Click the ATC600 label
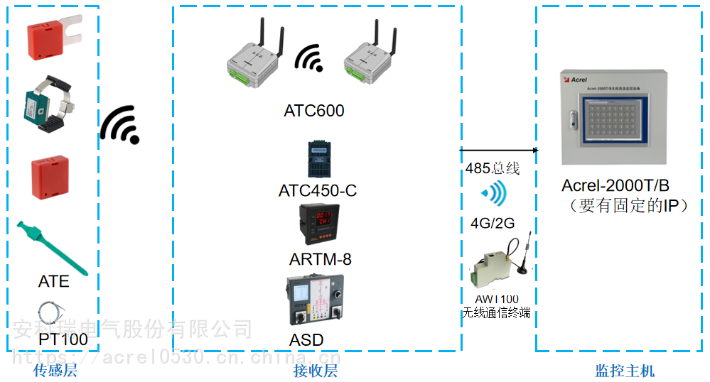point(313,111)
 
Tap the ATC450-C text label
point(318,191)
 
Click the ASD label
point(306,339)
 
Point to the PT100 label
point(63,339)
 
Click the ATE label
point(54,281)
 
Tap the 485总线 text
point(493,168)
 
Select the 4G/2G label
point(493,223)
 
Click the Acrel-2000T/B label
point(615,186)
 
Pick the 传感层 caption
point(55,371)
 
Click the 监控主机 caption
point(625,371)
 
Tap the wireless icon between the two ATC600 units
point(309,58)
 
